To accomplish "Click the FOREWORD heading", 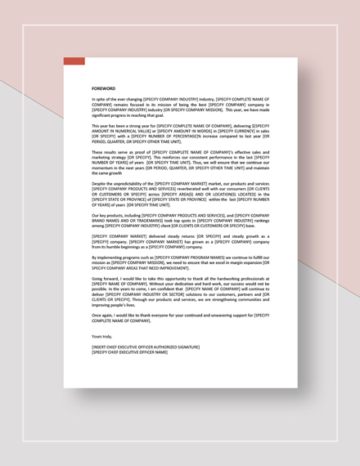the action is [x=104, y=87].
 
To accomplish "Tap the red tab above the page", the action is [x=74, y=61].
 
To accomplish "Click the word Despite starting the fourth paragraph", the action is [x=100, y=183].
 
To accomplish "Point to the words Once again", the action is [x=103, y=314].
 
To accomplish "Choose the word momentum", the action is [x=104, y=166].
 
